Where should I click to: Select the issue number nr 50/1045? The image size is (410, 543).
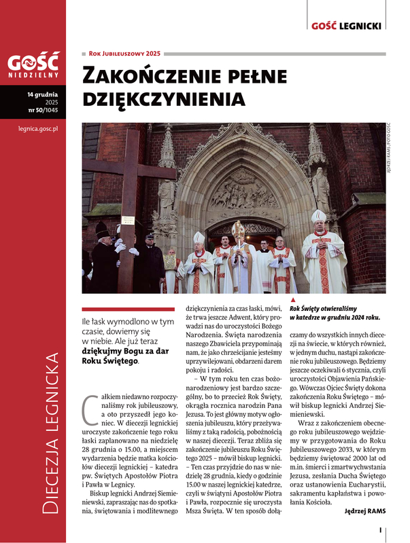coord(42,109)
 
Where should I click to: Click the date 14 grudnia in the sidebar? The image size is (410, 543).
coord(41,94)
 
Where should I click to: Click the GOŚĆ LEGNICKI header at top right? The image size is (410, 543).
coord(345,26)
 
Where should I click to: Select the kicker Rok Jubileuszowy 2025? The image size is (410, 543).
coord(124,53)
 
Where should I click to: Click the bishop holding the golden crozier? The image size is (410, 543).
coord(237,255)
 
